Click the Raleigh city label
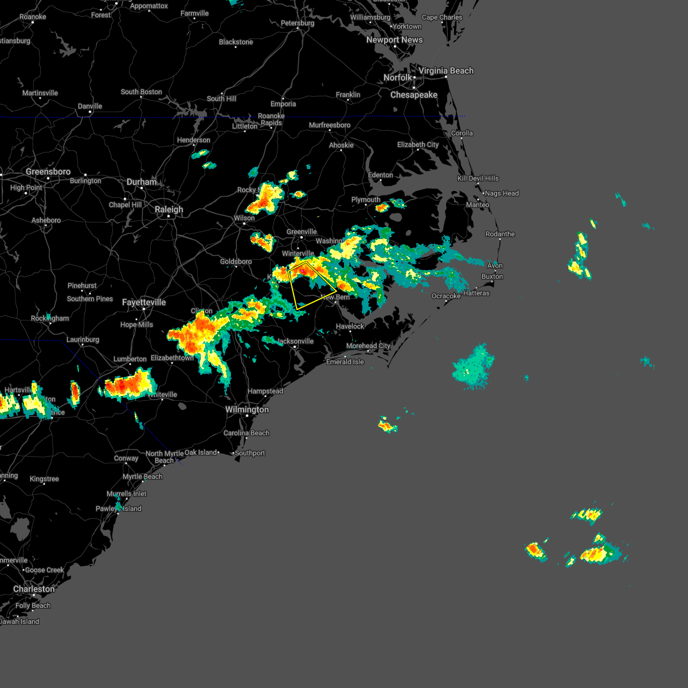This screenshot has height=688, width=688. pos(169,210)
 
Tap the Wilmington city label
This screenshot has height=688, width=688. pos(247,410)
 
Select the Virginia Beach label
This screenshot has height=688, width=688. pos(446,71)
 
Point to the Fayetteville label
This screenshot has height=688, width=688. pos(143,303)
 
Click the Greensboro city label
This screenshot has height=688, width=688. pos(48,172)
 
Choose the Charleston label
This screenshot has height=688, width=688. pos(34,589)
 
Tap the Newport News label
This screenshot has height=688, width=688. pos(394,40)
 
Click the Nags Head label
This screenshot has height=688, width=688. pos(502,194)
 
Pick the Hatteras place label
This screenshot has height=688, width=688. pos(476,293)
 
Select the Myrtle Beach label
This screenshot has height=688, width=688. pos(143,477)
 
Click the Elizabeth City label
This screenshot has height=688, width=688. pos(418,145)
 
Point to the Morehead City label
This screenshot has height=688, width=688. pos(368,346)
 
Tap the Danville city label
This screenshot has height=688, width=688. pos(90,107)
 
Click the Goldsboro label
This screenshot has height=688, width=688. pos(236,262)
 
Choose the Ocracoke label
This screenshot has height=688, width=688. pos(446,296)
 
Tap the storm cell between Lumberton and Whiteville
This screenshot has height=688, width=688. pos(128,384)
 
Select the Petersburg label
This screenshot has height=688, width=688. pos(298,24)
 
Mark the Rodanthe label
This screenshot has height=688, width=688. pos(500,234)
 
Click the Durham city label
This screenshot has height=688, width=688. pos(142,182)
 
